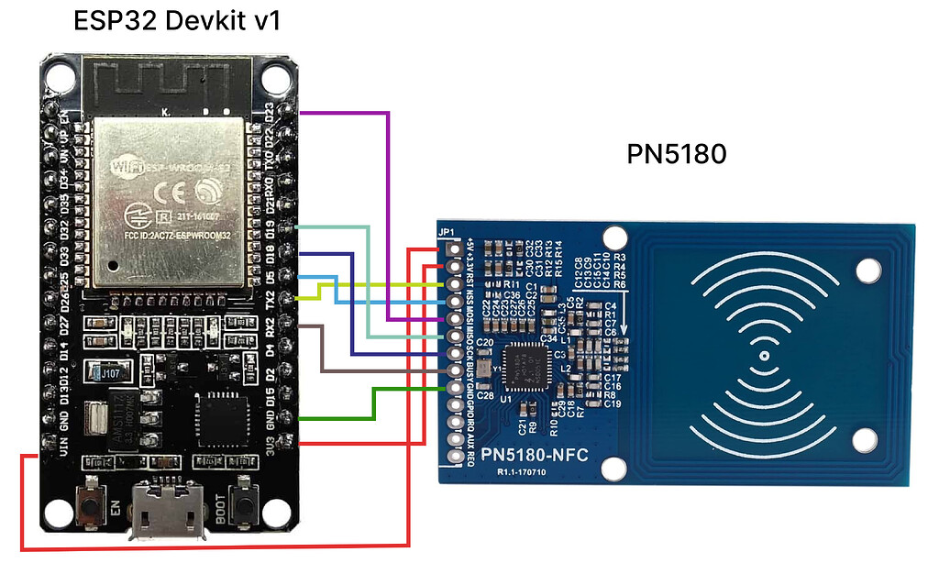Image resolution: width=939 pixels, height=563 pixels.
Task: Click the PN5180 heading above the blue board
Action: [677, 154]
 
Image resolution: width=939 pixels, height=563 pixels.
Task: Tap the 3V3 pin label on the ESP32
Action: [270, 444]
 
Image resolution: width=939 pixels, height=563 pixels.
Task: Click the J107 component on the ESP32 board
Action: [109, 373]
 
